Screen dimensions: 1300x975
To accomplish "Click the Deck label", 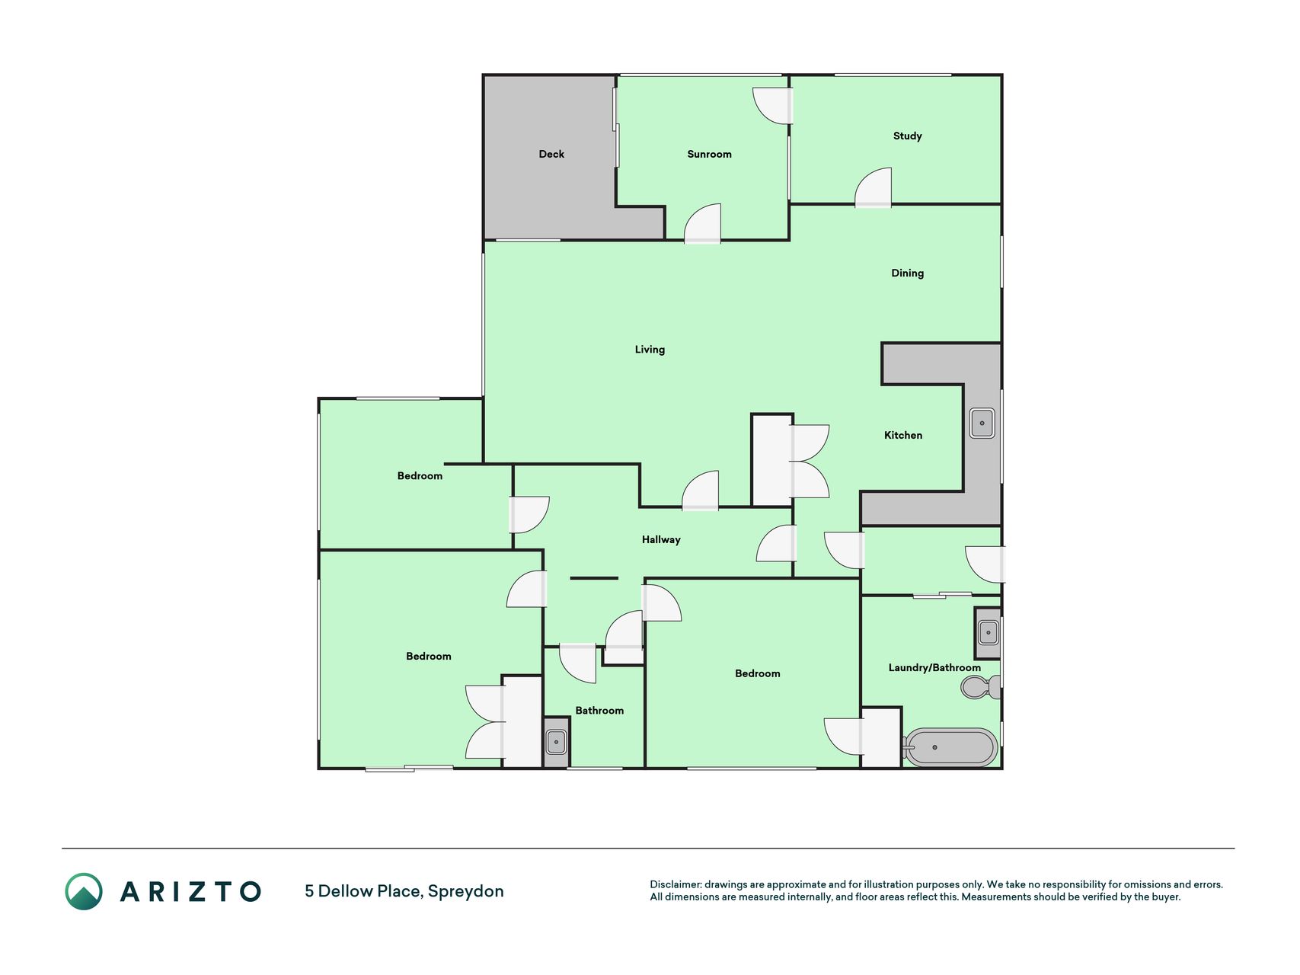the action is (x=551, y=154).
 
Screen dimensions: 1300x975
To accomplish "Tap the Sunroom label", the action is (x=709, y=154).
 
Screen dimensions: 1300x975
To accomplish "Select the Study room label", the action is (x=907, y=136).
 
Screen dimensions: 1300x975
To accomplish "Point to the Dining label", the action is (x=907, y=273).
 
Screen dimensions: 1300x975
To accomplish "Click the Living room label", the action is (x=650, y=350).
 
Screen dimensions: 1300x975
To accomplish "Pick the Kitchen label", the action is (x=902, y=435).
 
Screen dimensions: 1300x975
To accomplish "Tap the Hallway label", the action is (x=661, y=540).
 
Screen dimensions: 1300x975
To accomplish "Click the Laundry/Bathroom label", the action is (x=934, y=668).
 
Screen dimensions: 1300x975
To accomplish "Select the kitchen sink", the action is (x=982, y=423).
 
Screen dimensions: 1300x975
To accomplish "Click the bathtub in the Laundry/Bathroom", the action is (x=950, y=747).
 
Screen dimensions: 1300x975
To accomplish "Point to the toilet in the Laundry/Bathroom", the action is (x=981, y=687).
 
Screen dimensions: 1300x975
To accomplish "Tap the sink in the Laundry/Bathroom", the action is (x=988, y=632).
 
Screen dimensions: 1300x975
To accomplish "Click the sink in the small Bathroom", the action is (x=556, y=741).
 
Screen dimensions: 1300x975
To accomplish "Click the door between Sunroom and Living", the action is (x=702, y=223).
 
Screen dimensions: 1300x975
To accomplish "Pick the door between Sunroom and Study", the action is (x=773, y=106).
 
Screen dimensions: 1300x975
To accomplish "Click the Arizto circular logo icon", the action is (x=84, y=891).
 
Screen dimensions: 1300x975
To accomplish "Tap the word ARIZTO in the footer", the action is (x=190, y=891).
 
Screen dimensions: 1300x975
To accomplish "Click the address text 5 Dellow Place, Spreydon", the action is (x=404, y=891).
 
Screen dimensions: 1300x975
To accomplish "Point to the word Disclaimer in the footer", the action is (x=676, y=884).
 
